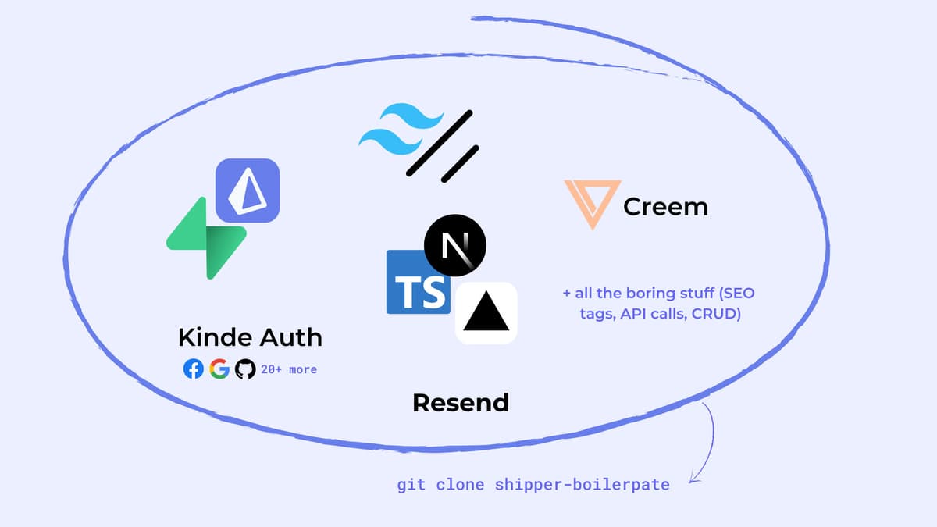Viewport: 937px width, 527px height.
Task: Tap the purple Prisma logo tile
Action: click(x=248, y=190)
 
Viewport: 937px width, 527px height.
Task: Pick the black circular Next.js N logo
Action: click(x=455, y=244)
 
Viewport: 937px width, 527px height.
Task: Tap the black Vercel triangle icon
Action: click(x=486, y=313)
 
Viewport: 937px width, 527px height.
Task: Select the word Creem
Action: click(x=665, y=207)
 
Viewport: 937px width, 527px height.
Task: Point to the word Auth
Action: click(x=290, y=337)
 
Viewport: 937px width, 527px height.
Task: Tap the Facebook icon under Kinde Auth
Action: click(x=193, y=369)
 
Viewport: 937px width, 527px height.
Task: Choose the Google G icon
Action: click(x=219, y=369)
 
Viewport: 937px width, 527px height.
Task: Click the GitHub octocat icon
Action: click(x=245, y=369)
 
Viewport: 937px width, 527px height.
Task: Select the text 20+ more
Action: click(x=289, y=369)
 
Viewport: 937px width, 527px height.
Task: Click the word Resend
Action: click(x=461, y=403)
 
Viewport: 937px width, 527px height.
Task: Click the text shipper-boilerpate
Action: click(x=583, y=485)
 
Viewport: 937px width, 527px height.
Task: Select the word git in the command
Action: click(x=411, y=485)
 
